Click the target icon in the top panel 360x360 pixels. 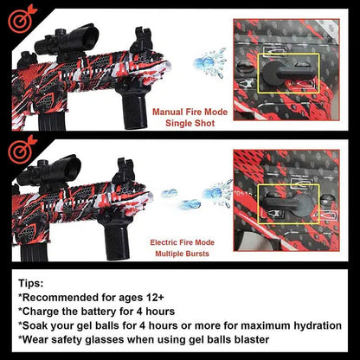pos(21,18)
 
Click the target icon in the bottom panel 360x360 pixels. pos(21,150)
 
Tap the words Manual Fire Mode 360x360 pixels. pos(190,112)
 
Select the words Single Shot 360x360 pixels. pos(190,123)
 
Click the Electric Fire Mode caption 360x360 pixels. pos(182,242)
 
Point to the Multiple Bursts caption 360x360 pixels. pos(182,254)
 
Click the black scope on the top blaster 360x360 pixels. pos(67,41)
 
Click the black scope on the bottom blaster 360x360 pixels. pos(49,173)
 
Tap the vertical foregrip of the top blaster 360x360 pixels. pos(133,108)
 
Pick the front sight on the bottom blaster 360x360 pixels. pos(124,171)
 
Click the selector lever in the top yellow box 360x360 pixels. pos(286,73)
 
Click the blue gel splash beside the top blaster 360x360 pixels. pos(210,63)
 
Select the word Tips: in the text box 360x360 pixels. pos(31,283)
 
